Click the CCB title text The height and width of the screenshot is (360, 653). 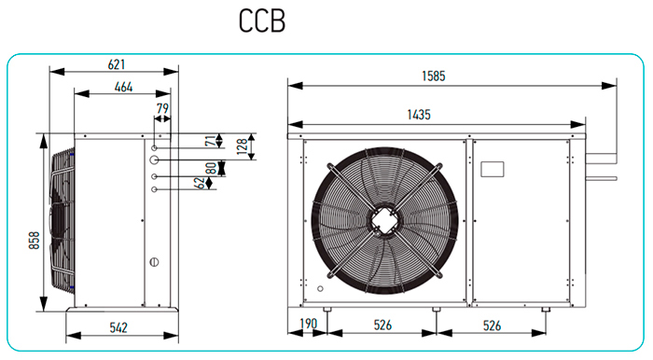(x=262, y=21)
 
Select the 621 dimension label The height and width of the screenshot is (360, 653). (x=117, y=64)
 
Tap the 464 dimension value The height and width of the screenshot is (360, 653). (x=124, y=87)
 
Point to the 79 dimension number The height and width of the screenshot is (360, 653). (x=162, y=108)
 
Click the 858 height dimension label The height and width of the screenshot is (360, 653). (x=35, y=241)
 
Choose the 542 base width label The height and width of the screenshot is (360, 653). (x=118, y=327)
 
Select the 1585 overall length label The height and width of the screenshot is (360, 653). (x=434, y=76)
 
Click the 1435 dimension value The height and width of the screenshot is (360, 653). (x=419, y=115)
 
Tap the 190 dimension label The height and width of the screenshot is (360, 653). (x=309, y=324)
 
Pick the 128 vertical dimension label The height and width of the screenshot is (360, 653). (x=242, y=146)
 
